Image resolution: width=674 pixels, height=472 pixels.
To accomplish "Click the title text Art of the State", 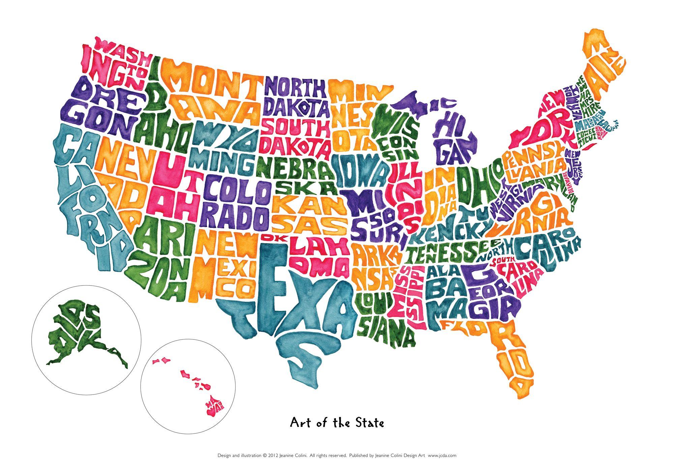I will (x=337, y=422).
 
